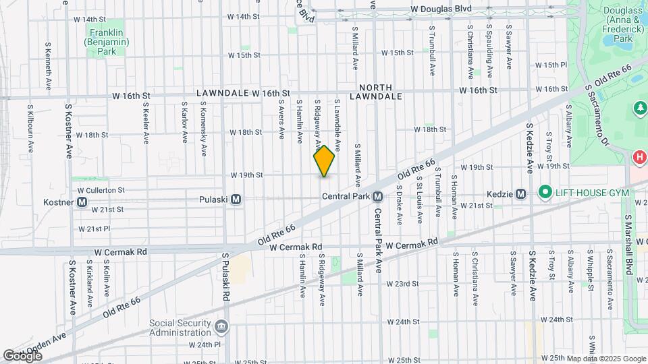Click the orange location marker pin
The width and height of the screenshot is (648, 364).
click(324, 160)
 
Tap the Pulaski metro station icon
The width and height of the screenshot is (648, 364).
click(236, 199)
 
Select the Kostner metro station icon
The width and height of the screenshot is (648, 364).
click(82, 202)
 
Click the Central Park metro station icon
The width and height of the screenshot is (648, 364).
click(377, 196)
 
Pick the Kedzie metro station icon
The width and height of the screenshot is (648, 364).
click(520, 194)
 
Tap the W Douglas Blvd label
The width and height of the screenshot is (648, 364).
click(451, 9)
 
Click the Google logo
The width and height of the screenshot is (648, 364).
click(22, 355)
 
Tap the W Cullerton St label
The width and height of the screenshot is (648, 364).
click(101, 191)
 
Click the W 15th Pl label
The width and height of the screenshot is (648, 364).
click(551, 65)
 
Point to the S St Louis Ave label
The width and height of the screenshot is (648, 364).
click(419, 200)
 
